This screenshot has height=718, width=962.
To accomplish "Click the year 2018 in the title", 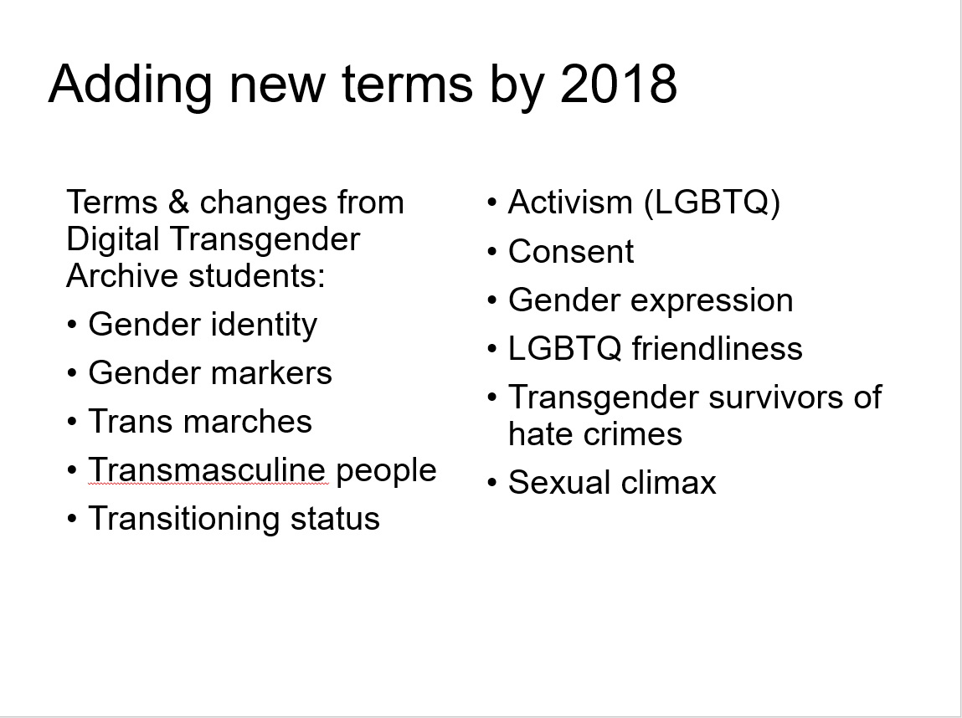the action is [619, 84].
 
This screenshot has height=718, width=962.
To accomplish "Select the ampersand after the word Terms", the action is [178, 203].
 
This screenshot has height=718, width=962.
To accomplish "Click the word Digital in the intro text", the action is [113, 239].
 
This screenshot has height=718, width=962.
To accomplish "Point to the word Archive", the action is [122, 276].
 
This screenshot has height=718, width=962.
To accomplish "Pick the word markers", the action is [267, 372].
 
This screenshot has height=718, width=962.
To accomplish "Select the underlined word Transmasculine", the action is [207, 470].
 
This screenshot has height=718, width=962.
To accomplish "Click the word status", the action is [335, 519].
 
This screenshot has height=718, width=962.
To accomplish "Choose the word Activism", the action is [570, 203].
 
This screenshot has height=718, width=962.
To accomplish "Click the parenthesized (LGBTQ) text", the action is [712, 203].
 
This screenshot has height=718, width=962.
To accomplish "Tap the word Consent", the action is [570, 251].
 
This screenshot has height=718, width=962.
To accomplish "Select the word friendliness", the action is [718, 348].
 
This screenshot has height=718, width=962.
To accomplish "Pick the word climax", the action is [668, 483].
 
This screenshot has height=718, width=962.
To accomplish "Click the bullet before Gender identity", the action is [72, 325].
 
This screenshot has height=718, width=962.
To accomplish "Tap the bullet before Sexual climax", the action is [492, 483].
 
